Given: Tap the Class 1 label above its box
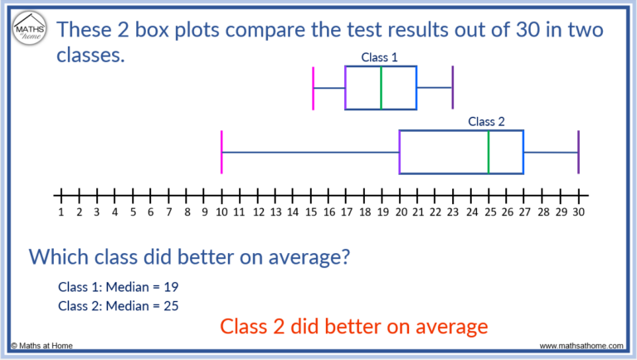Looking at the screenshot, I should tap(380, 57).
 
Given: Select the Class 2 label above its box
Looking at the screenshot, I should tap(486, 121).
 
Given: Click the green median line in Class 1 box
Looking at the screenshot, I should tap(381, 87).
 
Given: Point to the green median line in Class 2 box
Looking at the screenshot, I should tap(489, 152).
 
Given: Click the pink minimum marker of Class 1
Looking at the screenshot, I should tap(314, 87).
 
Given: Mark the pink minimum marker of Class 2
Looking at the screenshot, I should tap(221, 152).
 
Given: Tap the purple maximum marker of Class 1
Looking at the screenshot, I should tap(453, 87).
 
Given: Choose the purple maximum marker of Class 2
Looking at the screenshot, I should tap(578, 152).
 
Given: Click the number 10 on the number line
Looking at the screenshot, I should tap(221, 212).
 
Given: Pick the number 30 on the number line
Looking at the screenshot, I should tap(578, 212).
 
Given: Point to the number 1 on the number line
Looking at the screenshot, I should tap(61, 212).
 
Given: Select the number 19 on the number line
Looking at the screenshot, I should tap(382, 212).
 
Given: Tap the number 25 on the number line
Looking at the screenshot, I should tap(489, 212).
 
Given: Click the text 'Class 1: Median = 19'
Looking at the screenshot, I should tap(118, 287).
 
